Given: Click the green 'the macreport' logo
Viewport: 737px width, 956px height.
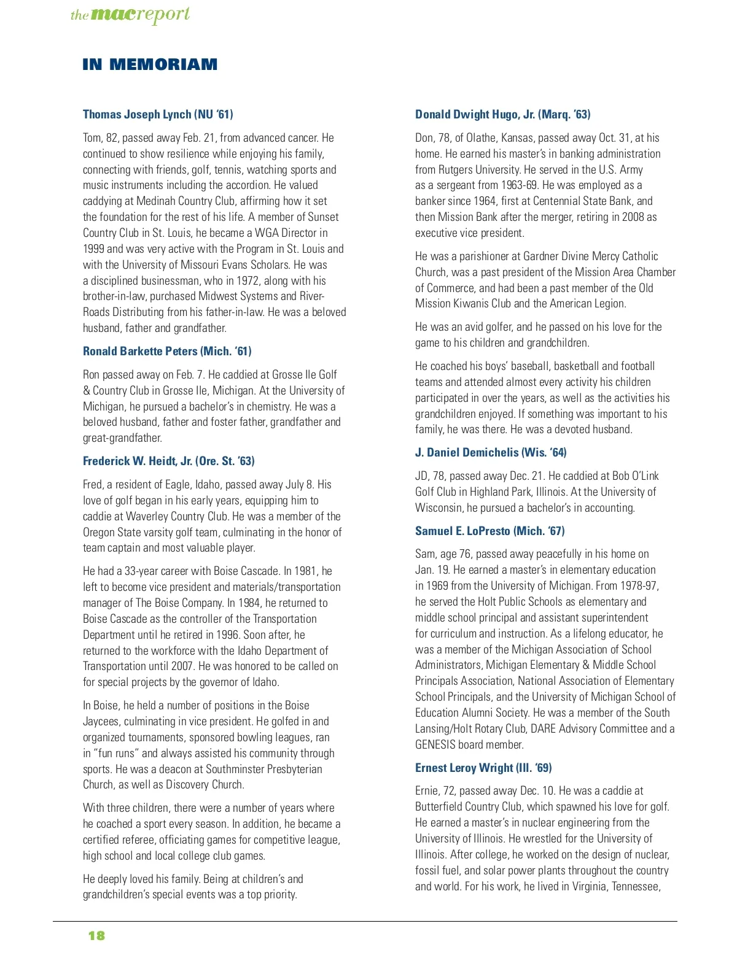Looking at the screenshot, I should coord(130,15).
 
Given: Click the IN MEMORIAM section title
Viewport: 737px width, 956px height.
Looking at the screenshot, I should coord(150,64).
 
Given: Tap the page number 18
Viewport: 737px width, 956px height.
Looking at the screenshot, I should coord(96,935).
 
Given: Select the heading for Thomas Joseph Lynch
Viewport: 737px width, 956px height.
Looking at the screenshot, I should coord(158,114).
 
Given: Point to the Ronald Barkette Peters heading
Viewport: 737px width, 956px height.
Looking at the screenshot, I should coord(167,351).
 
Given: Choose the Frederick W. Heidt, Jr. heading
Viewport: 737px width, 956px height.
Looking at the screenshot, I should coord(168,461).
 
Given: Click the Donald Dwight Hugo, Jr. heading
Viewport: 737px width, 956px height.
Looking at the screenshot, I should coord(502,114).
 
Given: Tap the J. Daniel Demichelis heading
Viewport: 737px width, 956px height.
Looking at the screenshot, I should coord(490,452).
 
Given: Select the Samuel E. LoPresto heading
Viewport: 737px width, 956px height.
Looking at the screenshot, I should coord(489,531).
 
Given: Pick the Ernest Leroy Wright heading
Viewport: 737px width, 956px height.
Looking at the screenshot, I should coord(483,768).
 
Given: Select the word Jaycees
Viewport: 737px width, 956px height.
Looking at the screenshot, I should coord(101,722).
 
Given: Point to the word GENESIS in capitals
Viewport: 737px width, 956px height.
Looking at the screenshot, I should coord(439,745).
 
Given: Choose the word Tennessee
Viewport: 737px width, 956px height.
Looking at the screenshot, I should coord(635,887).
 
